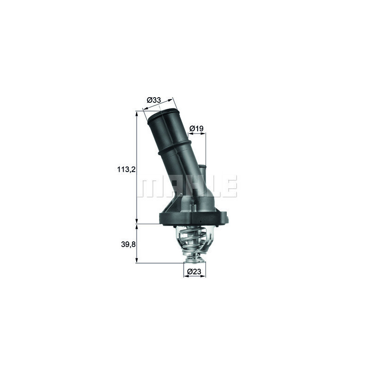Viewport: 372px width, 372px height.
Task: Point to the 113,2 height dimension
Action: tap(126, 170)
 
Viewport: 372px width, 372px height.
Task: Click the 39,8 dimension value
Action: tap(126, 244)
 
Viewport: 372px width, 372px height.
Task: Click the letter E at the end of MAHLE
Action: tap(231, 186)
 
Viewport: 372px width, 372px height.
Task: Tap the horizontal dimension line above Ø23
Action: tap(194, 276)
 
